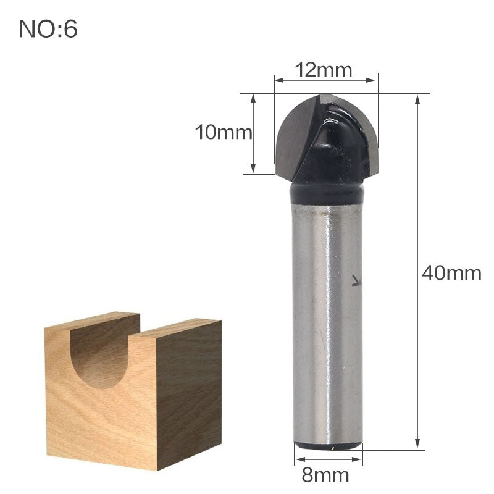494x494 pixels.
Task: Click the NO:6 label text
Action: coord(48,29)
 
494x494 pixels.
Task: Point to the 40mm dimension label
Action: coord(451,273)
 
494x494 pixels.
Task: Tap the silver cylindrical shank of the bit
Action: coord(326,321)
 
